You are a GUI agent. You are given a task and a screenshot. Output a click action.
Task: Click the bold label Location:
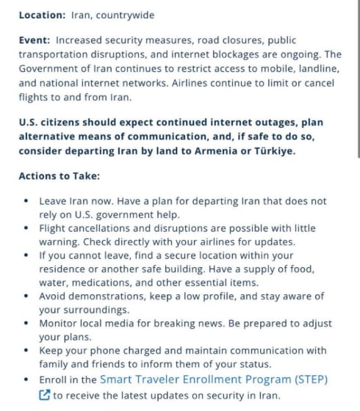click(x=42, y=15)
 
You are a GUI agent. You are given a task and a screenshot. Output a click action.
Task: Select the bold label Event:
click(x=34, y=40)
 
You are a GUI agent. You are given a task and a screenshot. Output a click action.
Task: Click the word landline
click(x=317, y=68)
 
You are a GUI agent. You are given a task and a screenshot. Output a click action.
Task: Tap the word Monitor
click(x=60, y=324)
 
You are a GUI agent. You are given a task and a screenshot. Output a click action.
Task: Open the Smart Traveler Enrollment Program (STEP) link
click(x=213, y=379)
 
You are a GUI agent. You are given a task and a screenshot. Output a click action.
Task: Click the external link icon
click(x=44, y=395)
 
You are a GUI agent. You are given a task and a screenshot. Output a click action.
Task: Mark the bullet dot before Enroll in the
click(x=27, y=379)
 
